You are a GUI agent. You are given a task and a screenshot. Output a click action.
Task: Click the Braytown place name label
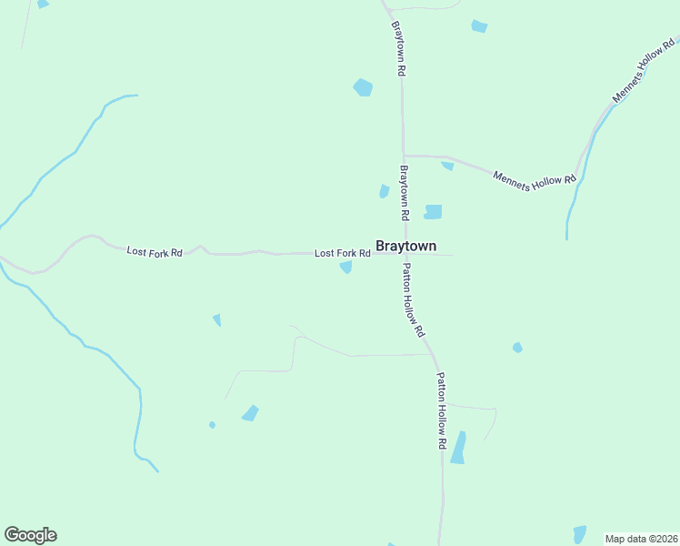click(405, 246)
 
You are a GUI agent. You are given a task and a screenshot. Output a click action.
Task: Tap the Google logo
click(30, 535)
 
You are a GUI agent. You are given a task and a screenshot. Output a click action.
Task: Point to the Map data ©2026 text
click(642, 539)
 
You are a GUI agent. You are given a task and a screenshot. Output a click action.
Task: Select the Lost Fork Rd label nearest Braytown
click(342, 253)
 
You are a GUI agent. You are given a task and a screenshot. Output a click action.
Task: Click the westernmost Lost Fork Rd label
click(155, 251)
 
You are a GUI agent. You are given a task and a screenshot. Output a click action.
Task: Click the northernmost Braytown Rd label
click(397, 48)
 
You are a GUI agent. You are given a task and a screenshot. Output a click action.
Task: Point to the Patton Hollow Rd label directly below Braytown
click(414, 299)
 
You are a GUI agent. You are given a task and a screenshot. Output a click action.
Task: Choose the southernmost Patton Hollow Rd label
click(443, 410)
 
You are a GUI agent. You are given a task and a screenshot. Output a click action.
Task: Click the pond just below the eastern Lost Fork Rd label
click(345, 267)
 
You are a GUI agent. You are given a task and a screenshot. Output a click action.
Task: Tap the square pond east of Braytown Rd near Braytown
click(433, 212)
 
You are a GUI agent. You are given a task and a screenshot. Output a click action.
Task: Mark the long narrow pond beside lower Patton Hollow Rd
click(458, 448)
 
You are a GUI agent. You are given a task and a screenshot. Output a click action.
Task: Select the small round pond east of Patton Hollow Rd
click(517, 348)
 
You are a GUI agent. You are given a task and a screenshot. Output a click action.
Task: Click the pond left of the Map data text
click(579, 534)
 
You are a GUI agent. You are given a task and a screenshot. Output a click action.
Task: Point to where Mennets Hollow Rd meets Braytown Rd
click(404, 156)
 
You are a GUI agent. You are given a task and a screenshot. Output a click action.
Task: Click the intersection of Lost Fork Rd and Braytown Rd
click(404, 253)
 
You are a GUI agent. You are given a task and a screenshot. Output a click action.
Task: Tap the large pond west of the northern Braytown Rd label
click(363, 87)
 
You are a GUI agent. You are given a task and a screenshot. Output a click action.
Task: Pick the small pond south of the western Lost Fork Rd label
click(216, 319)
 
